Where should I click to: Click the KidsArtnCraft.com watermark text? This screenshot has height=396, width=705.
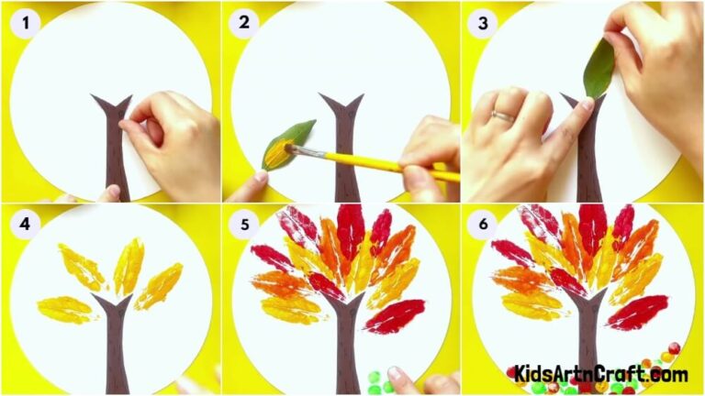[600, 374]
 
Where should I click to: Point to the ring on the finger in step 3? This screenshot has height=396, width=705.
[500, 116]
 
